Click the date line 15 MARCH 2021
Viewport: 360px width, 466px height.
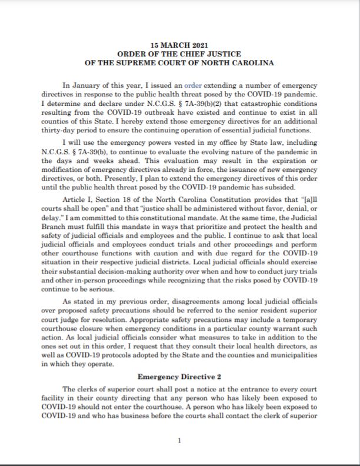coord(179,45)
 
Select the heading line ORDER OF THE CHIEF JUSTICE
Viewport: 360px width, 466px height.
coord(179,54)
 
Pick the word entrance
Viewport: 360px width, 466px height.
coord(245,390)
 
